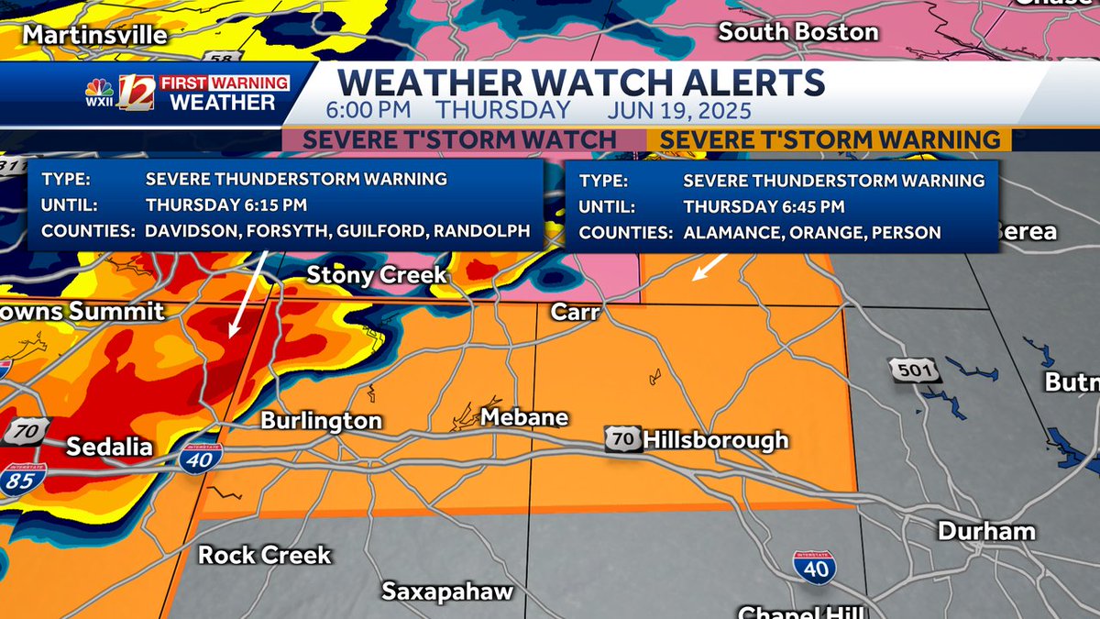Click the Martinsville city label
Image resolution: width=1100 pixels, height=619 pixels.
[x=95, y=35]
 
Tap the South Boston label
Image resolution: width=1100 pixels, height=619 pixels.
[x=797, y=32]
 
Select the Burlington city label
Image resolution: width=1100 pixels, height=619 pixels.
[x=321, y=421]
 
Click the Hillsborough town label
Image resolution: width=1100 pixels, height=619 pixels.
[x=715, y=440]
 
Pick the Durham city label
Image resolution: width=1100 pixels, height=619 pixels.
[x=986, y=531]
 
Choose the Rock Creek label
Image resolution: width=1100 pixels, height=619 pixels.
[x=264, y=555]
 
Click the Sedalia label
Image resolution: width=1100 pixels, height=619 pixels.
[x=109, y=448]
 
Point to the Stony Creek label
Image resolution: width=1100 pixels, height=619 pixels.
[x=376, y=274]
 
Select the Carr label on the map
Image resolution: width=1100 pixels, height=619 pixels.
[x=575, y=313]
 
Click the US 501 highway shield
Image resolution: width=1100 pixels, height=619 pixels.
[x=902, y=370]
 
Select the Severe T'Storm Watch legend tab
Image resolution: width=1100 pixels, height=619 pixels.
[x=459, y=139]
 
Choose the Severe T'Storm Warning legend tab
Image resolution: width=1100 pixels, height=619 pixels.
[x=830, y=139]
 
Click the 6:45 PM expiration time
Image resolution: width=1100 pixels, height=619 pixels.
[x=764, y=206]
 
